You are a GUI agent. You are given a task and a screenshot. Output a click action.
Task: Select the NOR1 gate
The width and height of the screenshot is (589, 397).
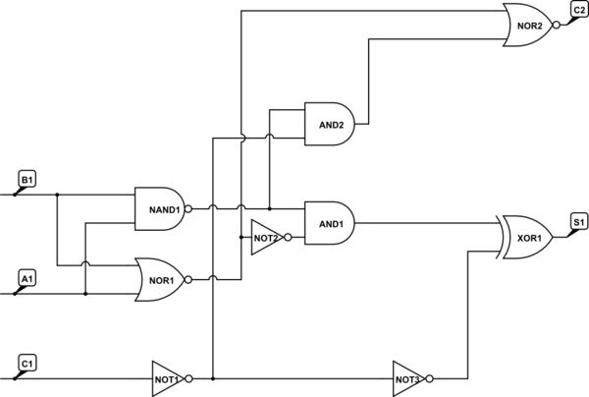point(159,278)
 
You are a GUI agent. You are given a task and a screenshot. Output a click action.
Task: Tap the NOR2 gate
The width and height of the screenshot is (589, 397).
point(528,27)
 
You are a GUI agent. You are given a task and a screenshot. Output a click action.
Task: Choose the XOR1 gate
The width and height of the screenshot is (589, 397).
point(528,237)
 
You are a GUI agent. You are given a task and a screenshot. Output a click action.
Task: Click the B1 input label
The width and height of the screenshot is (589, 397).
point(27,180)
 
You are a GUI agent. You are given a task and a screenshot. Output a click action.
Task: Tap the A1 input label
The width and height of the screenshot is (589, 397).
point(27,279)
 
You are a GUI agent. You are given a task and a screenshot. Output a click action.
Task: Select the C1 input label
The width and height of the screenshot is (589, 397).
point(27,365)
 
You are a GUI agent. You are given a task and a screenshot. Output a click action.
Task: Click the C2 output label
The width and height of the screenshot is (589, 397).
point(579,10)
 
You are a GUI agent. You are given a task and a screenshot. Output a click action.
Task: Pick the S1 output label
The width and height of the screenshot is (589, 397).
point(579,223)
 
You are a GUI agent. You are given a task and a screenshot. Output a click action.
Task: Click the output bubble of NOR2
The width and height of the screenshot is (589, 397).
point(557,27)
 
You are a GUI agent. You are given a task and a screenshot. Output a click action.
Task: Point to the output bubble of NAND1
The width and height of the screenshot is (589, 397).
point(188,208)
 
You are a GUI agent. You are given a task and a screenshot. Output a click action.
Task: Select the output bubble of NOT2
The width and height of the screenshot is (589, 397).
point(288,238)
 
